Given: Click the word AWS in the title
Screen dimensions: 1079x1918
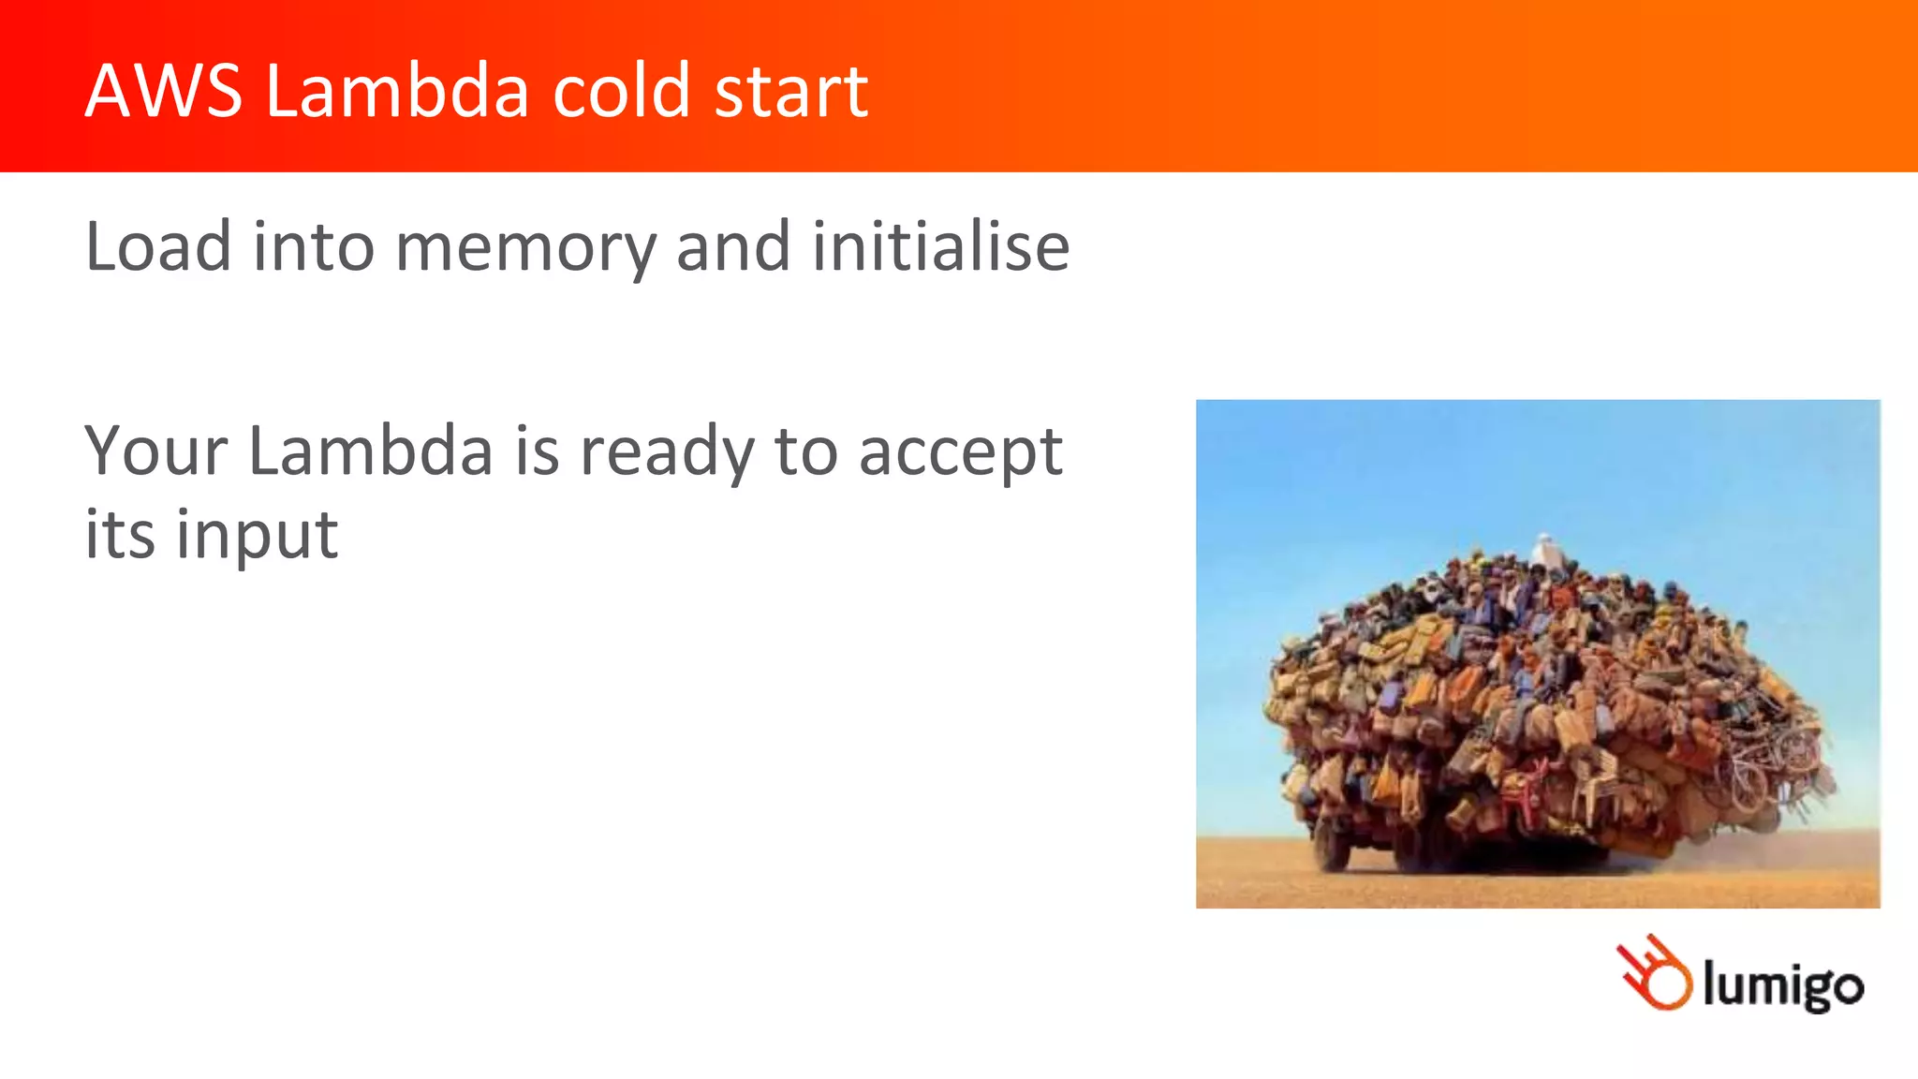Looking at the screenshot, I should [x=164, y=91].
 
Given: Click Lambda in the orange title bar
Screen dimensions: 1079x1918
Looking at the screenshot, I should [x=397, y=91].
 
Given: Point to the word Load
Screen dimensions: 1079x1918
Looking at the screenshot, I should [x=157, y=246].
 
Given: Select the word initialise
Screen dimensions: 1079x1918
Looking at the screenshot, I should [x=940, y=246].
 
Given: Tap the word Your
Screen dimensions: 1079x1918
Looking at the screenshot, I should [x=155, y=451].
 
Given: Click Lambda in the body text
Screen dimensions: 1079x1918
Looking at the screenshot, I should [x=370, y=451].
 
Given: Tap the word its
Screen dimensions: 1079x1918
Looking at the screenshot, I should [x=120, y=535].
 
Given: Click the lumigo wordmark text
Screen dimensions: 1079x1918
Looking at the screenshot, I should [x=1782, y=985].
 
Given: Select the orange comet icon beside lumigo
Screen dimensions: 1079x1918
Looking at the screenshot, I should [x=1655, y=974].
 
